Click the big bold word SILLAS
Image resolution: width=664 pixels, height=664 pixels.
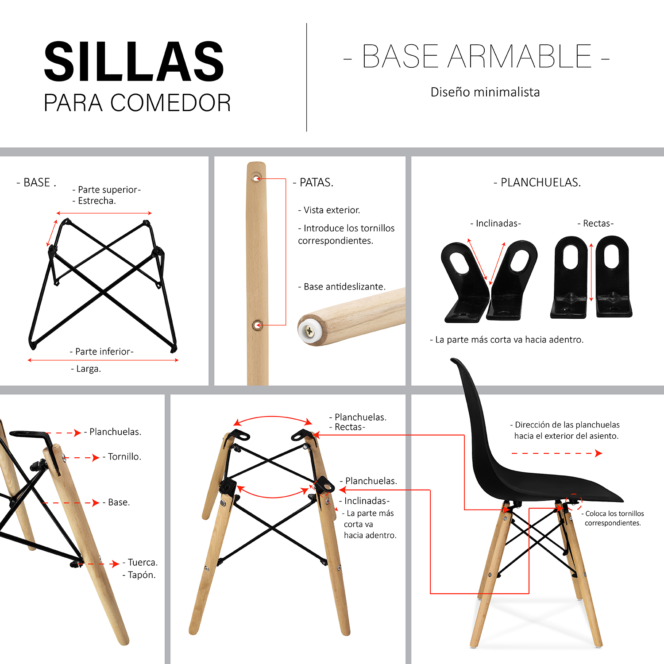click(x=134, y=62)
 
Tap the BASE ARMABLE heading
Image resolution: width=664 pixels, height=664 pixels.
click(x=477, y=57)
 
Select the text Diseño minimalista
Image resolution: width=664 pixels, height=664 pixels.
click(x=485, y=92)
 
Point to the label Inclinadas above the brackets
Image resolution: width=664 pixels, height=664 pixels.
click(x=495, y=224)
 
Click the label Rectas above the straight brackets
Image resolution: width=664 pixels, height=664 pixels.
click(x=595, y=224)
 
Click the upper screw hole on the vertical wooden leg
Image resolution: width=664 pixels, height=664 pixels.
click(x=257, y=178)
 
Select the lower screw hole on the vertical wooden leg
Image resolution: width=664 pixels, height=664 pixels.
click(x=257, y=325)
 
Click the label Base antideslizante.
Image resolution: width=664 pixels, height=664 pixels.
click(x=342, y=287)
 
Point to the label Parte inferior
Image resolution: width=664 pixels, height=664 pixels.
click(x=102, y=351)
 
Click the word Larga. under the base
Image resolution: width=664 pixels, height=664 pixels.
click(x=86, y=369)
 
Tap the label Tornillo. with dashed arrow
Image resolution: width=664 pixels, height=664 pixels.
click(x=122, y=457)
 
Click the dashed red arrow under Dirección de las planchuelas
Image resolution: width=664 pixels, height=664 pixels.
click(x=556, y=453)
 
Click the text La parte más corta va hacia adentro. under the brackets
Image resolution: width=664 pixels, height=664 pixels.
click(x=507, y=340)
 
